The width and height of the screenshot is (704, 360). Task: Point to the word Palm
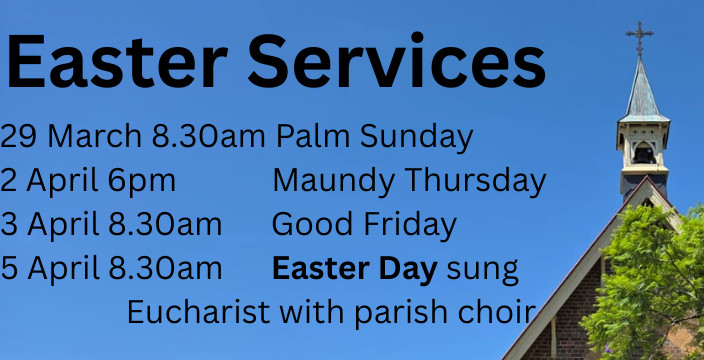(310, 137)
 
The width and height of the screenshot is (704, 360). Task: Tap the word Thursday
(475, 181)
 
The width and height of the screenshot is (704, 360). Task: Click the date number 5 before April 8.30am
(8, 269)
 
